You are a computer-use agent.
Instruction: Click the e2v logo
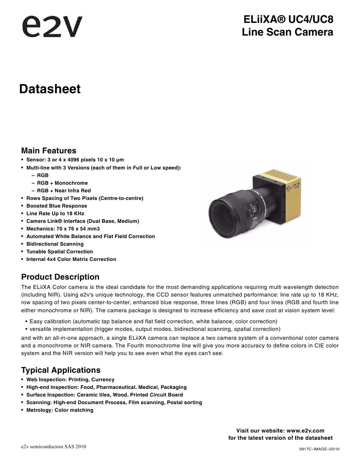pos(52,27)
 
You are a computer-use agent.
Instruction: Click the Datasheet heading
pos(50,89)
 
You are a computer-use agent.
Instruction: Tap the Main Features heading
pos(49,151)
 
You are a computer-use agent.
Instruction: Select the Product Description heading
pos(60,277)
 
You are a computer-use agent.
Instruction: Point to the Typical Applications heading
pos(61,370)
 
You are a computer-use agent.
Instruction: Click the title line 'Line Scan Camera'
pos(287,32)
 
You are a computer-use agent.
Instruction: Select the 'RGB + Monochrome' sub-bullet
pos(62,183)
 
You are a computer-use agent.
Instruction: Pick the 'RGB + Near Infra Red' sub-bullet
pos(64,191)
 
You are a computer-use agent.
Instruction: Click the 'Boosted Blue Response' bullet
pos(57,206)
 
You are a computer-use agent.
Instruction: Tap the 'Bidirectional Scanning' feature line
pos(55,244)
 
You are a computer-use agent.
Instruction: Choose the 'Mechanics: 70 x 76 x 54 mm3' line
pos(63,229)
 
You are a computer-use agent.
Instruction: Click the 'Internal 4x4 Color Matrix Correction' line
pos(71,259)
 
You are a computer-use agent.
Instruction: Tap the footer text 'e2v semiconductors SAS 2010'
pos(54,447)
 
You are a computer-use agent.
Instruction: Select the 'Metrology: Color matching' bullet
pos(60,410)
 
